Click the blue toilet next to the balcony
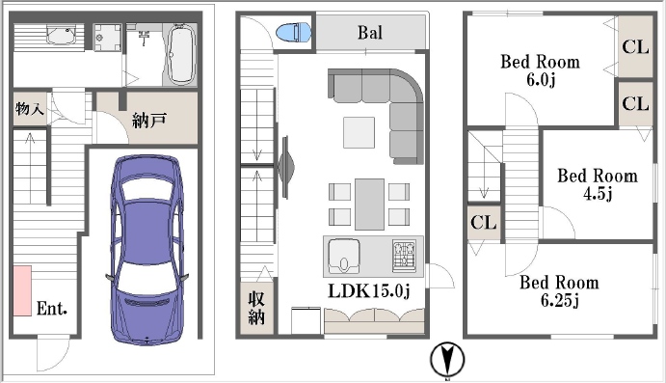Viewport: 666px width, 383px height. point(293,32)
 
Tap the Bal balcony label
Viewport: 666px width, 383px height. point(369,33)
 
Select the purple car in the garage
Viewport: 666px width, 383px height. point(147,250)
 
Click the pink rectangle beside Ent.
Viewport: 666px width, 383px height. point(22,290)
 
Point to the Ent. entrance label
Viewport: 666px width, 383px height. point(52,308)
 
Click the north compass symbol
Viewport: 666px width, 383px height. point(447,360)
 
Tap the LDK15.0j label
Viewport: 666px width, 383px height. point(369,290)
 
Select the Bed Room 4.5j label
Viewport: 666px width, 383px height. point(598,184)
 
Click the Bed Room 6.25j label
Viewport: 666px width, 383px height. point(559,290)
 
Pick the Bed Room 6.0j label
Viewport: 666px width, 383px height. point(541,70)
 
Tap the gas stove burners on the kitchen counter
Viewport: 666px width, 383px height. point(404,256)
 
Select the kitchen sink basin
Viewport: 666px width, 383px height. point(344,255)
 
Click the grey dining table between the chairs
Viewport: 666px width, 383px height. point(369,204)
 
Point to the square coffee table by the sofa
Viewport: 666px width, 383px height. point(359,132)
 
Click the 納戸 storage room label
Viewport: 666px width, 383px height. point(148,121)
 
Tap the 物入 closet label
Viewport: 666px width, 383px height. point(30,109)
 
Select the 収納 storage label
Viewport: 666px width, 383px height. point(256,308)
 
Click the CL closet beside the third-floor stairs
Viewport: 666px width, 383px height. point(484,222)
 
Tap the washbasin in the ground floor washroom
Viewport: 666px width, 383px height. point(62,35)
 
